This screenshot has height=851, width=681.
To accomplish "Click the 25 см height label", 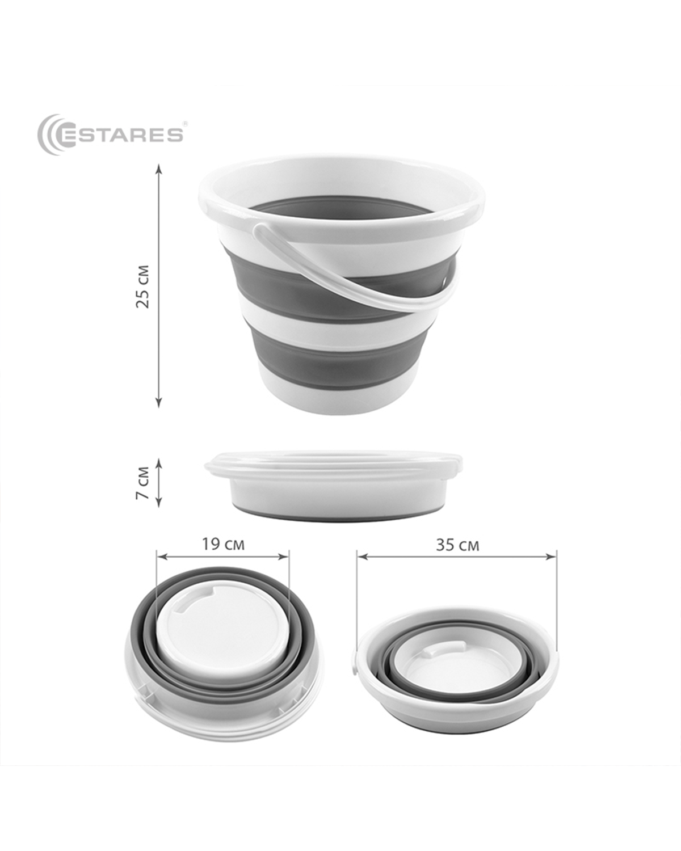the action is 142,287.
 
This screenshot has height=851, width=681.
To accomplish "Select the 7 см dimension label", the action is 142,483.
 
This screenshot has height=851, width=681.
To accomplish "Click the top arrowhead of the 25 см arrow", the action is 159,168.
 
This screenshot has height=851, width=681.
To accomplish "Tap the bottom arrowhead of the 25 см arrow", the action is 159,402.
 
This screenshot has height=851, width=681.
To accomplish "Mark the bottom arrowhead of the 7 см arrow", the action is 159,502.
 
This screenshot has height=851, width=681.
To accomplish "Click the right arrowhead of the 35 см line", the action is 552,557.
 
